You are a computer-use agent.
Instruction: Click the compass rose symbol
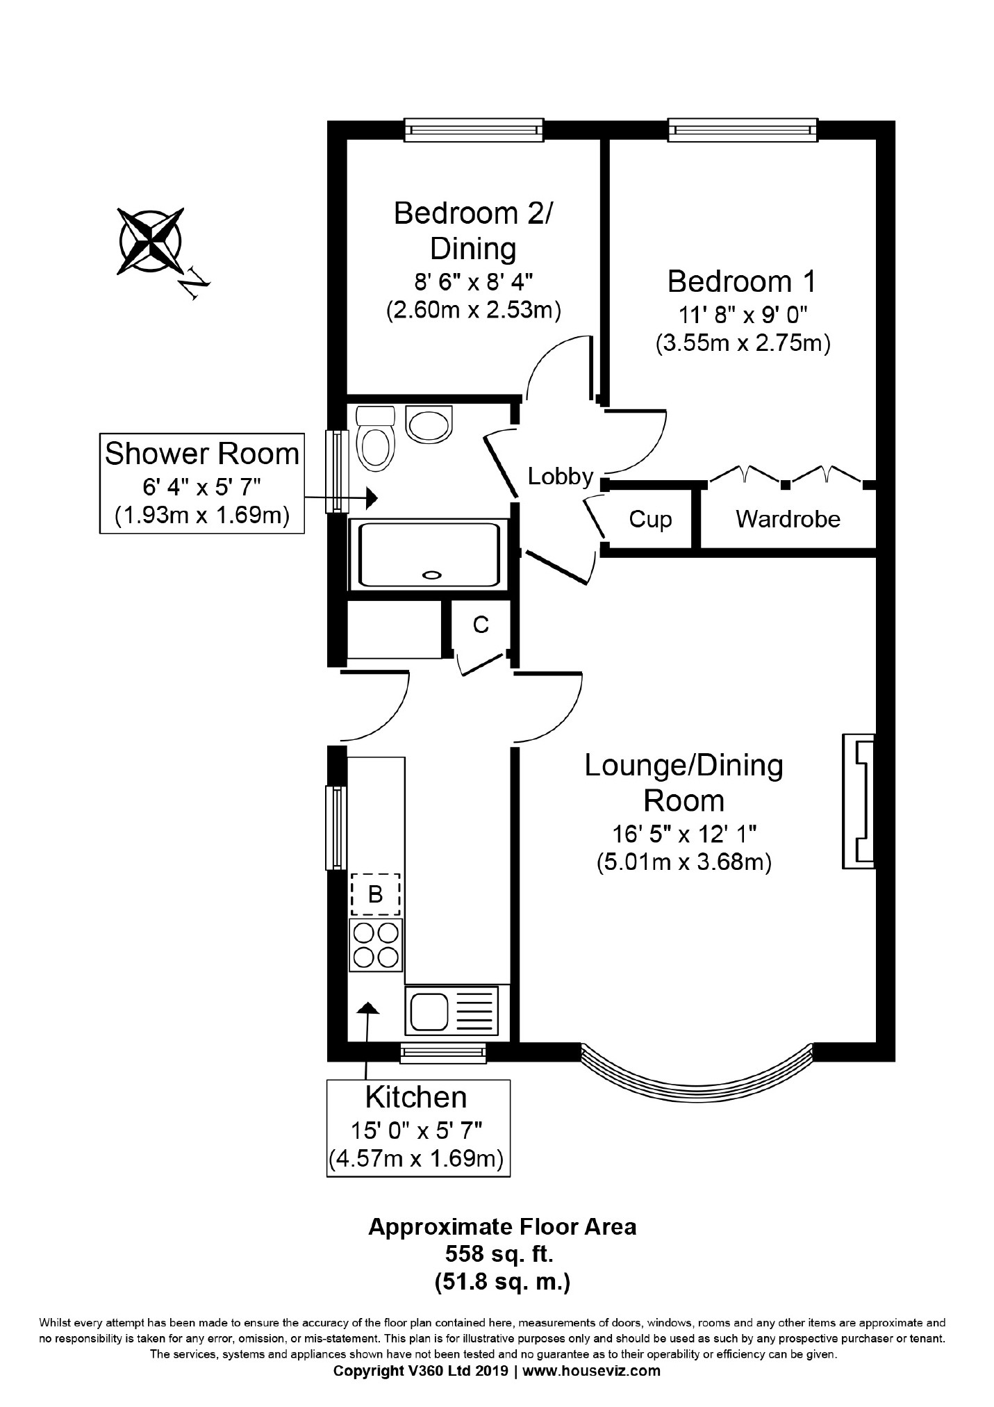pyautogui.click(x=151, y=240)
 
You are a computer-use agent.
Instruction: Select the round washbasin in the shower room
pyautogui.click(x=429, y=423)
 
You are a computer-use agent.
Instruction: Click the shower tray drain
pyautogui.click(x=432, y=575)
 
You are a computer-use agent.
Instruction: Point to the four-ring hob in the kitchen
pyautogui.click(x=376, y=944)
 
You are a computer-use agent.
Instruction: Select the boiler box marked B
pyautogui.click(x=376, y=894)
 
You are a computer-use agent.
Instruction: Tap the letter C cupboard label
pyautogui.click(x=481, y=625)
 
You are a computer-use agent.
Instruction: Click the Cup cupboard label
pyautogui.click(x=650, y=520)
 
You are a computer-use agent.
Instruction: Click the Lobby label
pyautogui.click(x=560, y=477)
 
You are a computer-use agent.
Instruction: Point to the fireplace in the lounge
pyautogui.click(x=859, y=800)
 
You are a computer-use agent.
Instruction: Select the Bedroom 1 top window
pyautogui.click(x=743, y=131)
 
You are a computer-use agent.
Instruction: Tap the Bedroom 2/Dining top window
pyautogui.click(x=474, y=131)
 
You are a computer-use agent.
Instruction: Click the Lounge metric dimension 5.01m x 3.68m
pyautogui.click(x=684, y=862)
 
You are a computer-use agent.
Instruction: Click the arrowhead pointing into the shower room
pyautogui.click(x=372, y=497)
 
